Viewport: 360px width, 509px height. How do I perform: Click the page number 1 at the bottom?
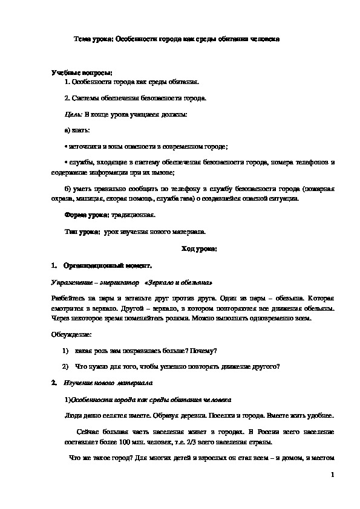(333, 475)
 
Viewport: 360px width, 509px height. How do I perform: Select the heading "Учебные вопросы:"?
(78, 73)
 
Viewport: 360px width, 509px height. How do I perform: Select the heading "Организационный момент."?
(106, 265)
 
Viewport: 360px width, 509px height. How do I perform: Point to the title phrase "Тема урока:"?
(93, 38)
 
